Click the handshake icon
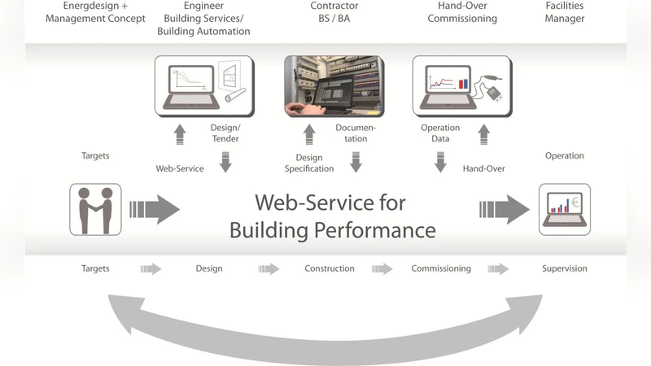pos(95,211)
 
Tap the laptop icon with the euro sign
pos(565,210)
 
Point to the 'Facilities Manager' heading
pos(565,11)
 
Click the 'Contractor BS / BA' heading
pos(334,11)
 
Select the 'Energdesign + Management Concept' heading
pos(95,11)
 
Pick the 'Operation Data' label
pos(440,133)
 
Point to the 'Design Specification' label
pos(309,163)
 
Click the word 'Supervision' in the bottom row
pos(565,268)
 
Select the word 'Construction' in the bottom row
pos(330,268)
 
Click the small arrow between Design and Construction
pos(269,269)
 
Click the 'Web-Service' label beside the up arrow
pos(179,168)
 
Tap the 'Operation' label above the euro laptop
pos(565,155)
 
